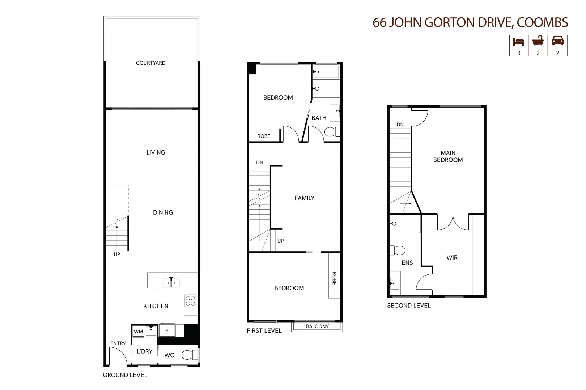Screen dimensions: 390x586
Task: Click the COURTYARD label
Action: click(150, 63)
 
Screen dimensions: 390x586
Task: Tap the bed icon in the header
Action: click(518, 42)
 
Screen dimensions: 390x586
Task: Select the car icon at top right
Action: click(557, 41)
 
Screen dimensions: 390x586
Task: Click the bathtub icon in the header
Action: click(538, 41)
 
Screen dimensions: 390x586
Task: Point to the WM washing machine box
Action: click(138, 331)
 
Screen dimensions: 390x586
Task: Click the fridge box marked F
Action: click(167, 330)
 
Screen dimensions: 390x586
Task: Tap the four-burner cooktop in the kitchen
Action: click(190, 301)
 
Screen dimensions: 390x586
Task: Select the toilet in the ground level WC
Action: click(188, 355)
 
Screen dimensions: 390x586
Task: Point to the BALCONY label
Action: click(317, 326)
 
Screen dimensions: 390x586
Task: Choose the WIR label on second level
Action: click(452, 257)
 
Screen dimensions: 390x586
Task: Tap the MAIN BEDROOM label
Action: click(448, 156)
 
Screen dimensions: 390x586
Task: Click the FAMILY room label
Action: click(304, 198)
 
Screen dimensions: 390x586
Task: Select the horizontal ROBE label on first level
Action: click(264, 136)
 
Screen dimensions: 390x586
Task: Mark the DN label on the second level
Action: click(400, 125)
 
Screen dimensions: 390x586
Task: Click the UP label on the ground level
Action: click(117, 254)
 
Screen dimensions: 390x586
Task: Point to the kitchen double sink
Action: click(171, 283)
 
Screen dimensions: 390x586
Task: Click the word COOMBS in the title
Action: click(542, 22)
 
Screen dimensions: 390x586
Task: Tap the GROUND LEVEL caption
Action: click(125, 375)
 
